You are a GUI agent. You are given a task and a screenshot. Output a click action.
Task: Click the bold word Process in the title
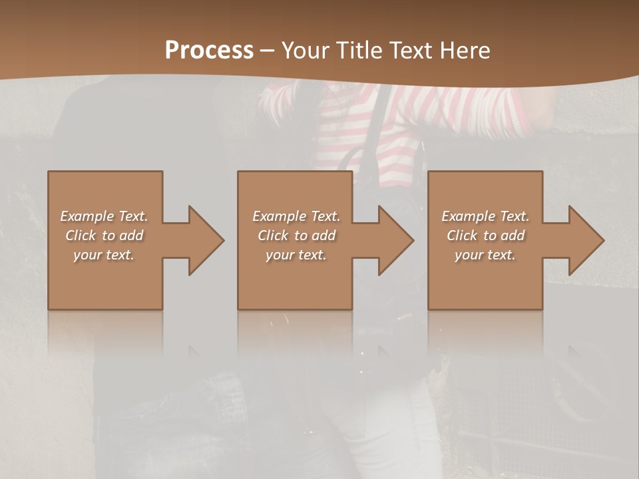pyautogui.click(x=209, y=51)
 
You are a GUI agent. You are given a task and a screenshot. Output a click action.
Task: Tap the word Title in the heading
pyautogui.click(x=358, y=51)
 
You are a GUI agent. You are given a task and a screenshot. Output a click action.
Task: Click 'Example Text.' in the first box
pyautogui.click(x=104, y=216)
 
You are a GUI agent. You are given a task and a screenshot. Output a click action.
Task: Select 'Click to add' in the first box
pyautogui.click(x=104, y=236)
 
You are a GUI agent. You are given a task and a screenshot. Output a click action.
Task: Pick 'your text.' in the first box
pyautogui.click(x=104, y=255)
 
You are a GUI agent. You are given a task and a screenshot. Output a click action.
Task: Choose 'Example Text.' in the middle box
pyautogui.click(x=296, y=216)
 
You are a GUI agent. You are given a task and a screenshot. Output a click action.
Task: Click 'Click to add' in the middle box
pyautogui.click(x=296, y=236)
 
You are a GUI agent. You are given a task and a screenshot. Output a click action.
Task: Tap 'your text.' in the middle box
pyautogui.click(x=296, y=255)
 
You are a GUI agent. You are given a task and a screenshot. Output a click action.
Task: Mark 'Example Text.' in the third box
pyautogui.click(x=485, y=216)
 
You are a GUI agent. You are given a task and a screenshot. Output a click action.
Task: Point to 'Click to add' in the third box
pyautogui.click(x=485, y=236)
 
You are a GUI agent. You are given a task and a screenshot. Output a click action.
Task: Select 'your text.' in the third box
pyautogui.click(x=485, y=255)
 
